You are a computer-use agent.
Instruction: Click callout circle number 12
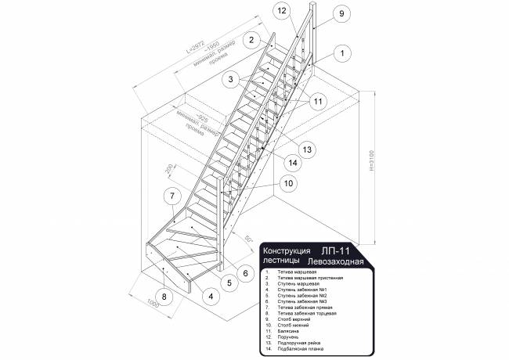tap(283, 10)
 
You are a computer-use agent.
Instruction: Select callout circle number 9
tap(341, 13)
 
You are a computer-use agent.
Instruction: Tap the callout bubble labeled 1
tap(342, 53)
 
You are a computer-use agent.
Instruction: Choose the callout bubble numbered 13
tap(307, 149)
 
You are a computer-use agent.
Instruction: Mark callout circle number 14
tap(292, 163)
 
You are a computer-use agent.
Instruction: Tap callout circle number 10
tap(288, 183)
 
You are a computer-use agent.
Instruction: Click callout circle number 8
tap(164, 297)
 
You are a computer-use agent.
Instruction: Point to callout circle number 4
tap(210, 297)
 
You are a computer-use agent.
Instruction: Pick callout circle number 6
tap(244, 273)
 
